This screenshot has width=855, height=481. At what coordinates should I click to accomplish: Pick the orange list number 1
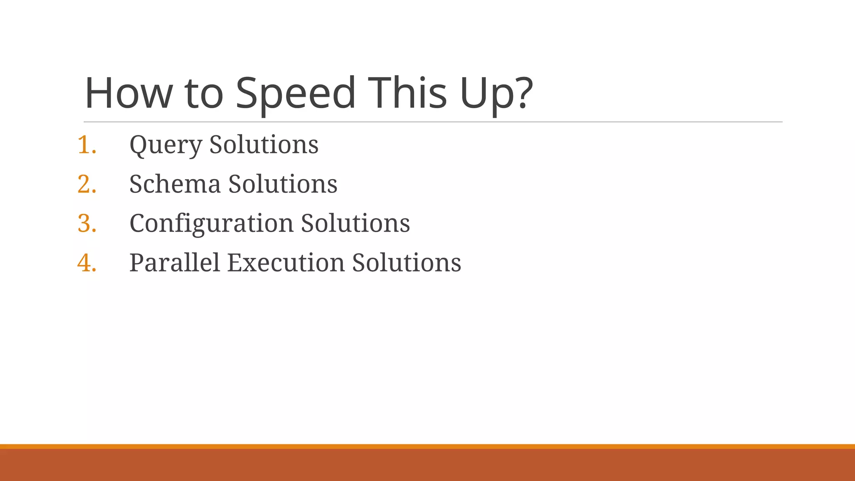(86, 145)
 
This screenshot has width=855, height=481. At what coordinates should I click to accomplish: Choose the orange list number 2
(86, 184)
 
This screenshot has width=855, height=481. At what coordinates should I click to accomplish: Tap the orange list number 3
(86, 223)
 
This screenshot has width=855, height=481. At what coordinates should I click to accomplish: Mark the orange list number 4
(86, 263)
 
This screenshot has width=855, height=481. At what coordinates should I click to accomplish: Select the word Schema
(175, 184)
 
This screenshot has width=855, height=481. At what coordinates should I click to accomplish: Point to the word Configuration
(211, 223)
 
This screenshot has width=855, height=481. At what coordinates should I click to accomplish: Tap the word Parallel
(175, 263)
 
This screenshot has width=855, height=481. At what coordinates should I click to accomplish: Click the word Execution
(286, 263)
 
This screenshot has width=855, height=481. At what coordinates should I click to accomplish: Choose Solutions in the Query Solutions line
(264, 145)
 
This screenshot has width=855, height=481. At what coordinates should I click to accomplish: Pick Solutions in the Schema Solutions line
(283, 184)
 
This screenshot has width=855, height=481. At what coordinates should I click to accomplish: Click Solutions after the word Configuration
(355, 223)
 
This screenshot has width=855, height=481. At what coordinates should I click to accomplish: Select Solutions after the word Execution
(407, 263)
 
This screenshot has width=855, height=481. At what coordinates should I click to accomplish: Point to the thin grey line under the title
(433, 122)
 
